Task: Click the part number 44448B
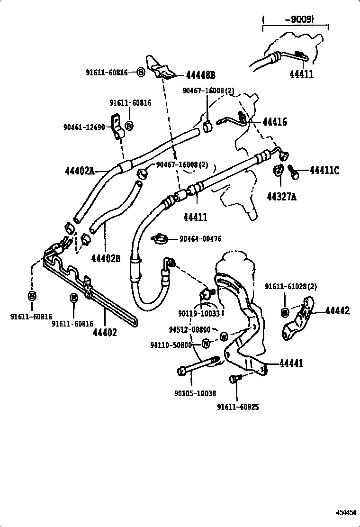[x=200, y=75]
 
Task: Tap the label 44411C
[x=324, y=170]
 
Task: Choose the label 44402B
[x=106, y=259]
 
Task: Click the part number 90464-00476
[x=200, y=239]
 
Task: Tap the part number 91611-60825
[x=238, y=407]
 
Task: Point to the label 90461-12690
[x=84, y=127]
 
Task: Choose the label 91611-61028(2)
[x=290, y=286]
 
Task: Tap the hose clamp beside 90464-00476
[x=160, y=238]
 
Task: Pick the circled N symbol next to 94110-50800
[x=207, y=344]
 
